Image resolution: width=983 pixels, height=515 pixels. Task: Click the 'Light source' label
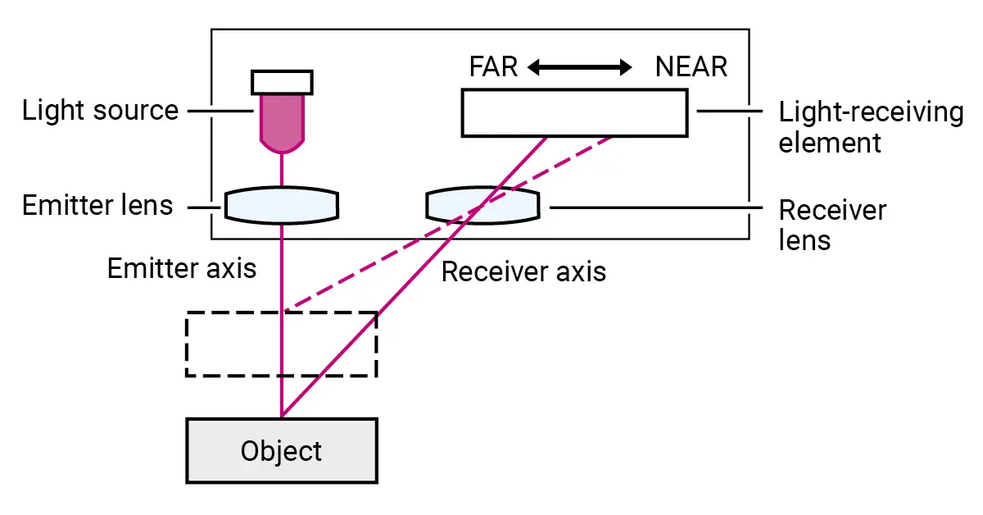click(x=100, y=110)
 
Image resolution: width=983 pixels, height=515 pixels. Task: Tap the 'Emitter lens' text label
click(x=97, y=205)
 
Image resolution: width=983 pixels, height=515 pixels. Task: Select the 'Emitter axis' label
click(x=182, y=268)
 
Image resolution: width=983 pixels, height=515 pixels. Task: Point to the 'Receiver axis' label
click(x=523, y=271)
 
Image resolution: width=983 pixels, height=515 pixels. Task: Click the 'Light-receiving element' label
click(x=871, y=127)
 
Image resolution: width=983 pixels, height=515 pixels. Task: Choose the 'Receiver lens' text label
click(x=831, y=225)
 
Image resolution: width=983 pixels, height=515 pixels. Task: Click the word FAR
click(x=494, y=66)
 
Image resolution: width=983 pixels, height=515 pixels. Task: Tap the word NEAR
click(x=691, y=66)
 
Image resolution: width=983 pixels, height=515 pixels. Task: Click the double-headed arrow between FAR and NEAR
click(x=580, y=67)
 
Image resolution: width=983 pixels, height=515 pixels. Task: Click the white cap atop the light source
click(x=282, y=81)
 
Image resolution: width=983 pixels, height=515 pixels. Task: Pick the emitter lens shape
click(x=282, y=205)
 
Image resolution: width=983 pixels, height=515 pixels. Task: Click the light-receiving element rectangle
click(x=574, y=112)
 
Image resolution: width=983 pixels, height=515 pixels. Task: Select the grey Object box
click(x=282, y=450)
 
